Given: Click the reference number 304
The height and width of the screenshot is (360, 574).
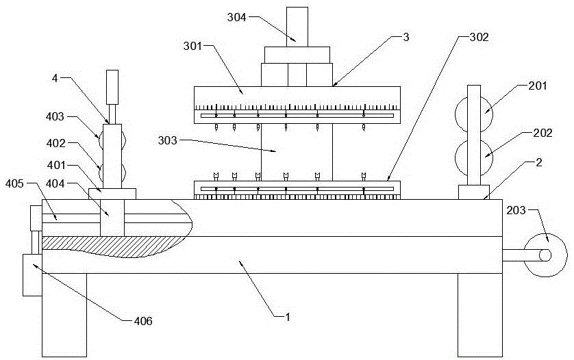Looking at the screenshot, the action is tap(236, 17).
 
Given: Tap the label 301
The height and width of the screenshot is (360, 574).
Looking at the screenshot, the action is tap(193, 46).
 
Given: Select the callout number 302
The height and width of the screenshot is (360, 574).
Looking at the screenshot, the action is tap(479, 38).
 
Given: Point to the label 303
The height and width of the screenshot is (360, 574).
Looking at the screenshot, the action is tap(167, 140).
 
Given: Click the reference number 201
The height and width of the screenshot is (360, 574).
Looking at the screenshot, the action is tap(538, 86).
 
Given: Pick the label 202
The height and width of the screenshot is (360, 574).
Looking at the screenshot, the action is tap(542, 133).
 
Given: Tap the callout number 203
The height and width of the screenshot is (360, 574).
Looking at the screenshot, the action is tap(516, 210).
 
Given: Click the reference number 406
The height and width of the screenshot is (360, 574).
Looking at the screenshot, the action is tap(143, 321).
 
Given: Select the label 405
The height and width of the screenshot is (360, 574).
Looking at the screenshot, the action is tap(14, 183).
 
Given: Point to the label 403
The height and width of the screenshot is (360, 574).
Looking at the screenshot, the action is tap(55, 117).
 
